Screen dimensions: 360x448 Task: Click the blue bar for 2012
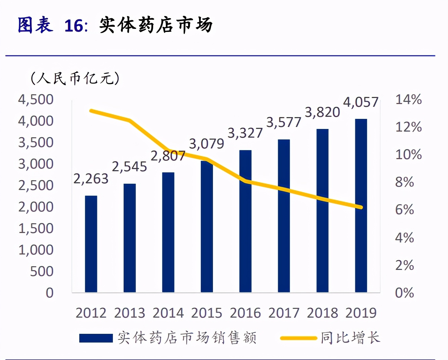point(91,244)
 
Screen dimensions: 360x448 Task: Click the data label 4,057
point(361,102)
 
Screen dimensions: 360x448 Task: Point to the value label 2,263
point(91,179)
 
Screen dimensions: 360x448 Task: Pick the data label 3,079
point(207,144)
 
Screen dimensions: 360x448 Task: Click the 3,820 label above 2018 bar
point(322,113)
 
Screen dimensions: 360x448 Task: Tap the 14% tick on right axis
point(408,99)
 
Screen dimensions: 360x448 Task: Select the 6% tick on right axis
point(404,210)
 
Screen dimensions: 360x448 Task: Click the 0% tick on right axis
point(404,293)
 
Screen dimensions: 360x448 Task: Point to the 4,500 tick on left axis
point(36,100)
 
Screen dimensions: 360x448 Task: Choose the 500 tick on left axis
point(42,271)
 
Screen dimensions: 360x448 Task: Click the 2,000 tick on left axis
point(36,207)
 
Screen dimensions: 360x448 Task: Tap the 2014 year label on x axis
point(168,313)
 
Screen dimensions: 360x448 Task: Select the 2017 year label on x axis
point(284,313)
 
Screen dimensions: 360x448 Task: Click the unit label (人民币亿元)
point(75,78)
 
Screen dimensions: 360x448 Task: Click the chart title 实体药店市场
point(156,25)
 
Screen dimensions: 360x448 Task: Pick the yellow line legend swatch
point(299,338)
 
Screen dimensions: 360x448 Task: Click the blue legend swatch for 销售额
point(96,338)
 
